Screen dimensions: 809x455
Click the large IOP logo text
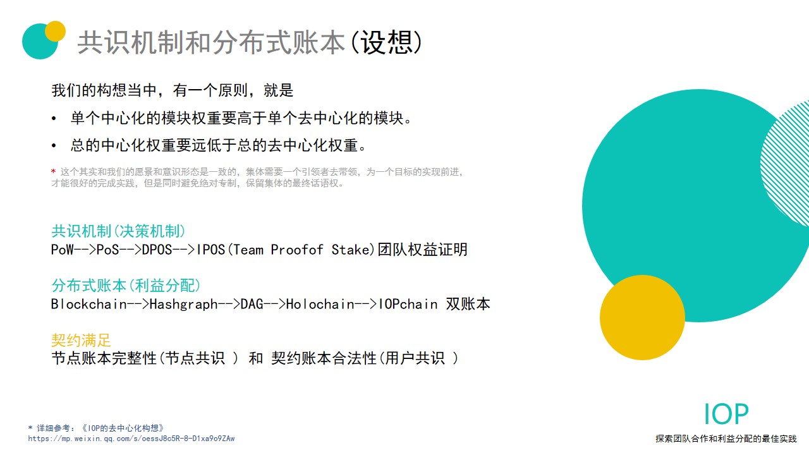point(726,414)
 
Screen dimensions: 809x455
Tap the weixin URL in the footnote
point(131,439)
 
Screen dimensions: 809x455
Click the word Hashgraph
point(183,304)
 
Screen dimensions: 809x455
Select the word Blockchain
point(89,304)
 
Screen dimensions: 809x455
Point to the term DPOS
point(157,250)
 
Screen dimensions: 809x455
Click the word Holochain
point(320,304)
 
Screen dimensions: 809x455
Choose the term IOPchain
point(408,304)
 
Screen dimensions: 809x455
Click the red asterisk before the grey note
point(54,171)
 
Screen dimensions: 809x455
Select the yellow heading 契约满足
point(82,340)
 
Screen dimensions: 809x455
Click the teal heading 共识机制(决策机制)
point(118,231)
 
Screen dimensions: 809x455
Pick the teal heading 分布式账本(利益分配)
point(126,285)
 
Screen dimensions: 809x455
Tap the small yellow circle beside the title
point(55,31)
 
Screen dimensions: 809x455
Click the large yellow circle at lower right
point(642,317)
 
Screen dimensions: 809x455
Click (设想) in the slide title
point(386,42)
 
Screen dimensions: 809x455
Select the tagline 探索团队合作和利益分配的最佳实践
point(726,439)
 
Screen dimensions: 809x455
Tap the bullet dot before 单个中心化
point(54,118)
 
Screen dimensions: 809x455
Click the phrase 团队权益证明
point(423,250)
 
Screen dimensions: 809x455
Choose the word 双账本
point(468,304)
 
